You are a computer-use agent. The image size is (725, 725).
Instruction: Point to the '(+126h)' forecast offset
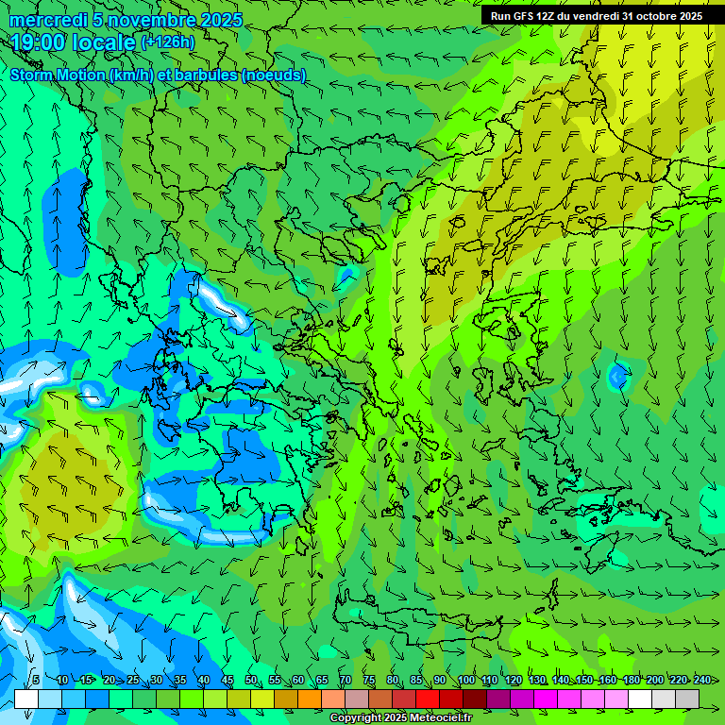167,42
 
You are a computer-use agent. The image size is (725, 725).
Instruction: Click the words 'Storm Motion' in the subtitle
59,75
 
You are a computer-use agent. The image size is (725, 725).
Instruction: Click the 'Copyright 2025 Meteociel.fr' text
400,718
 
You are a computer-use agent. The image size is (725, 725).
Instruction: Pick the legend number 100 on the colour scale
465,680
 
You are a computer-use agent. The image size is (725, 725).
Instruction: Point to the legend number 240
701,680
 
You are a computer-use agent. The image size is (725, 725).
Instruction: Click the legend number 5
35,680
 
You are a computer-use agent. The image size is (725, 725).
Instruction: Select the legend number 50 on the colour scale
250,680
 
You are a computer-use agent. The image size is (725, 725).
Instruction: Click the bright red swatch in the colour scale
428,699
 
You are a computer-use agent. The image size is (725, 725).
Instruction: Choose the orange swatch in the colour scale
310,699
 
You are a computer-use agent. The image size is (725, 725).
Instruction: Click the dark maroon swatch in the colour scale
475,699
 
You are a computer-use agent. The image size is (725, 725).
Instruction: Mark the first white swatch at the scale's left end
26,699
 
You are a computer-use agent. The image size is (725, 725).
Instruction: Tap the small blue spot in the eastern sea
618,377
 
